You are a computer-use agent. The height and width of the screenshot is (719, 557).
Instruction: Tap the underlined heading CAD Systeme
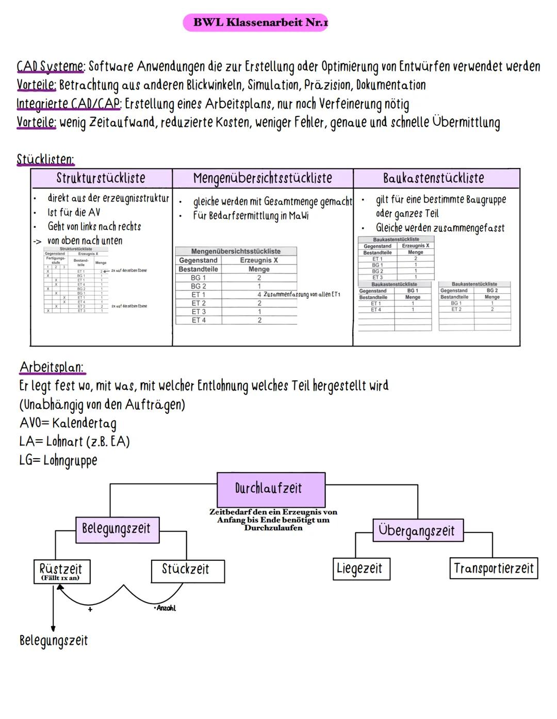[51, 66]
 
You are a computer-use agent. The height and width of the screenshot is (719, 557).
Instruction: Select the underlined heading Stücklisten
[45, 159]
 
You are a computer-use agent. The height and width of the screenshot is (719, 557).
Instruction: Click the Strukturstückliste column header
[101, 178]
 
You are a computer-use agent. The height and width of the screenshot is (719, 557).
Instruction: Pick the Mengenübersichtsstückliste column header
[263, 178]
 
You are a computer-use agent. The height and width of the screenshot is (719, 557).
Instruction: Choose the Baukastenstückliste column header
[433, 178]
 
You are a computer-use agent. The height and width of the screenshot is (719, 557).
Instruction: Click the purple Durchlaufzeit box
[271, 489]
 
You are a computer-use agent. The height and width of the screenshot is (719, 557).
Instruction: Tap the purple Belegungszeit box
[117, 529]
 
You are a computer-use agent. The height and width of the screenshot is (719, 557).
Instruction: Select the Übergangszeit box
[417, 530]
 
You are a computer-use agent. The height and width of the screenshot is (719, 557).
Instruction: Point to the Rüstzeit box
[61, 571]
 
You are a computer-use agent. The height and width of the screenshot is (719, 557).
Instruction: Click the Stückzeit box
[187, 570]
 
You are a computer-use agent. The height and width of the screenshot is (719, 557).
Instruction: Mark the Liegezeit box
[360, 568]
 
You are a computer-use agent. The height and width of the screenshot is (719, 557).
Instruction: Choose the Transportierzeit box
[493, 568]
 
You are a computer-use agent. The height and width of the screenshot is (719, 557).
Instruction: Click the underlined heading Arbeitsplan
[51, 367]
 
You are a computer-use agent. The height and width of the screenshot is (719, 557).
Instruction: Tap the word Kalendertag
[84, 423]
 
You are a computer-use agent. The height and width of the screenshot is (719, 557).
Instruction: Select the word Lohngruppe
[70, 460]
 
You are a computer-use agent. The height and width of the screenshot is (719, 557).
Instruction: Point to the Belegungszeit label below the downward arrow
[54, 641]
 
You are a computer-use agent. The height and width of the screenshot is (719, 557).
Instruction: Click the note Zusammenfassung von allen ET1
[302, 294]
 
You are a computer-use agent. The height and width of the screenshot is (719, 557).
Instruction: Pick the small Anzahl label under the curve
[166, 608]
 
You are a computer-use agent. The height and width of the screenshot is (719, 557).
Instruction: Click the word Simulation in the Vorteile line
[274, 85]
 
